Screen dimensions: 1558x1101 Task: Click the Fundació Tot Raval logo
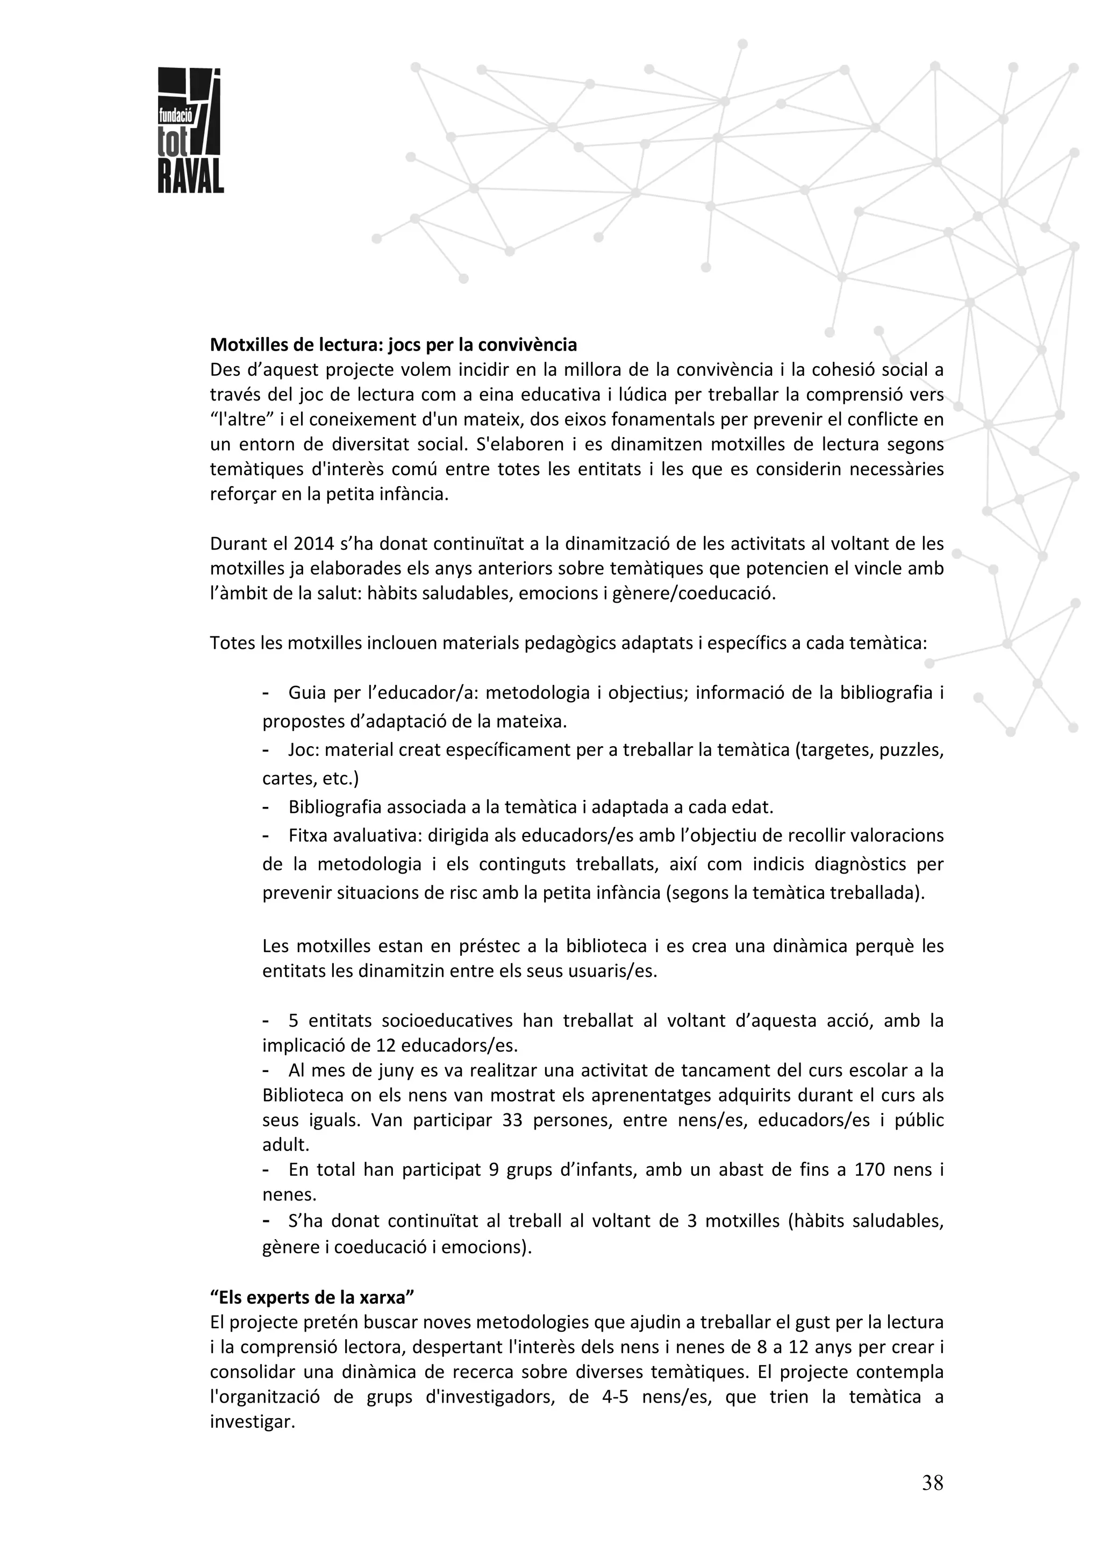(190, 130)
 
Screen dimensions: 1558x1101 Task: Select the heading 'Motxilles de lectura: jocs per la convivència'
(393, 345)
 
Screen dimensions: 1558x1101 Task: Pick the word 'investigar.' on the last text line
(252, 1421)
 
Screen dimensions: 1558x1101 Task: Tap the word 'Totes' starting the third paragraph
(231, 642)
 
